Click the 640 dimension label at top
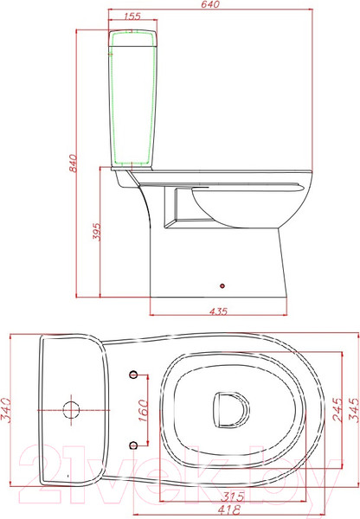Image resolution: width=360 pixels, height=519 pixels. (210, 4)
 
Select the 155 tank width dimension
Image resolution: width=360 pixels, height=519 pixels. (132, 16)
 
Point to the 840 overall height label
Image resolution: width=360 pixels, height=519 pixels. (73, 163)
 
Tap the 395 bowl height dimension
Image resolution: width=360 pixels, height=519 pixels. (96, 231)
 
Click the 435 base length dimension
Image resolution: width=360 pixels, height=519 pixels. (218, 311)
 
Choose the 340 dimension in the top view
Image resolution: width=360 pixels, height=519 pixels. (7, 410)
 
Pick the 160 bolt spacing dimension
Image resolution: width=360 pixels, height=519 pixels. (143, 410)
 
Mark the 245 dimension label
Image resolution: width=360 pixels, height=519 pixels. (337, 410)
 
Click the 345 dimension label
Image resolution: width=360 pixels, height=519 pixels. (353, 410)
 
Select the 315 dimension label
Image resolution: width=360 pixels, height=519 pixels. (232, 497)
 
